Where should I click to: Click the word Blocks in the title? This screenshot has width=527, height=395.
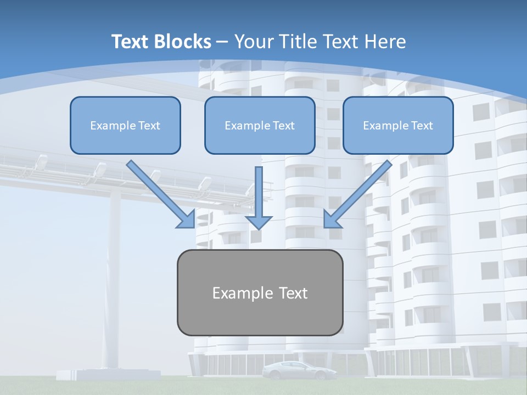coord(182,42)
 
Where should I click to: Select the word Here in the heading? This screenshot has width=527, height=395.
coord(385,42)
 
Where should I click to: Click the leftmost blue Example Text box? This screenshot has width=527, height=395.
coord(125,125)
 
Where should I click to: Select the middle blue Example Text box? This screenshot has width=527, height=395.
coord(260,125)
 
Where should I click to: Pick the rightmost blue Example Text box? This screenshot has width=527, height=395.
coord(399,125)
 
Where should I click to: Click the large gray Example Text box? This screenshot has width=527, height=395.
coord(260,292)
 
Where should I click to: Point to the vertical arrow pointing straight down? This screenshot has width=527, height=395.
coord(259,198)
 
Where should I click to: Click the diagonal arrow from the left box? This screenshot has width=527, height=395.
coord(161,194)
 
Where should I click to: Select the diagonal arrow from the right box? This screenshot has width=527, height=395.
coord(358,194)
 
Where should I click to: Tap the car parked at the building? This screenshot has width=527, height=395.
coord(300,370)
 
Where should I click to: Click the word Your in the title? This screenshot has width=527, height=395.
coord(254,42)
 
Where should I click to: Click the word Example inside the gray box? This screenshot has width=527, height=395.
coord(238,293)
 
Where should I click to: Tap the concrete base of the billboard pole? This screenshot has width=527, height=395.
coord(108,375)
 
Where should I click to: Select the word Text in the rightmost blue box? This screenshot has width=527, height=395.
coord(422,126)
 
